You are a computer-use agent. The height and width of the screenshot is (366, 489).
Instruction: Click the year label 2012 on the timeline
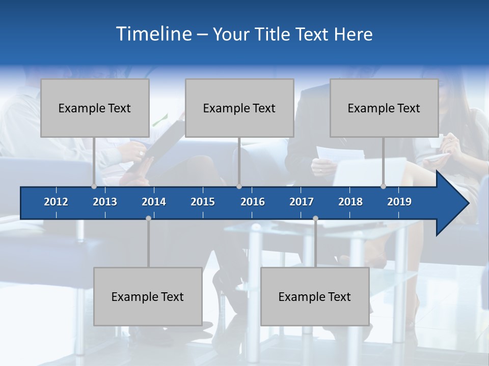point(56,202)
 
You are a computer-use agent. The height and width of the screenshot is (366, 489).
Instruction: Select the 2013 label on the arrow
point(105,202)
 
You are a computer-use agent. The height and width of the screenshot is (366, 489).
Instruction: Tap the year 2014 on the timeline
point(154,202)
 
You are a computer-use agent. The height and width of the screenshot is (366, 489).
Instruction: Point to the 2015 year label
point(203,202)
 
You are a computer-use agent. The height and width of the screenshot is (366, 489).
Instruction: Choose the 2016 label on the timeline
point(253,202)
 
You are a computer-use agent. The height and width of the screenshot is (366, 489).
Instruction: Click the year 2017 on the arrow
point(302,202)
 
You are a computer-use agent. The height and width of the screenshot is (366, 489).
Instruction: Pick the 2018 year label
point(350,202)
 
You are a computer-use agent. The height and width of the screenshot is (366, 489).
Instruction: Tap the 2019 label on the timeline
point(399,202)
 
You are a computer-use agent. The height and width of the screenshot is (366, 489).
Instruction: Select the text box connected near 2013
point(95,108)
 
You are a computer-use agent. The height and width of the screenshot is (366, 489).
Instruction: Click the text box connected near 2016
point(239,108)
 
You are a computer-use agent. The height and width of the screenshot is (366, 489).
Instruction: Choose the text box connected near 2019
point(384,108)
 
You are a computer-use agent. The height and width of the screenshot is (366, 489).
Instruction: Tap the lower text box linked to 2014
point(148,296)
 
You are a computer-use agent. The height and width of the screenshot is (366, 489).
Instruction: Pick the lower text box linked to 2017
point(315,296)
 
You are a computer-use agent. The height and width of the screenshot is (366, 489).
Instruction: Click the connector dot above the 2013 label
point(94,186)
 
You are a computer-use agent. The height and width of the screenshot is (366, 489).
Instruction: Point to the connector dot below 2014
point(148,218)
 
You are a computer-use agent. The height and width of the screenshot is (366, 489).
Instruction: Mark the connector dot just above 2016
point(239,186)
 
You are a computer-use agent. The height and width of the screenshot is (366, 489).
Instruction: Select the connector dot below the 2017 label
point(315,218)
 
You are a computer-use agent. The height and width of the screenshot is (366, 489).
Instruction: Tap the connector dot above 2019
point(383,186)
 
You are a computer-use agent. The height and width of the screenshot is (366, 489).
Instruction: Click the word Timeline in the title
point(153,34)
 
